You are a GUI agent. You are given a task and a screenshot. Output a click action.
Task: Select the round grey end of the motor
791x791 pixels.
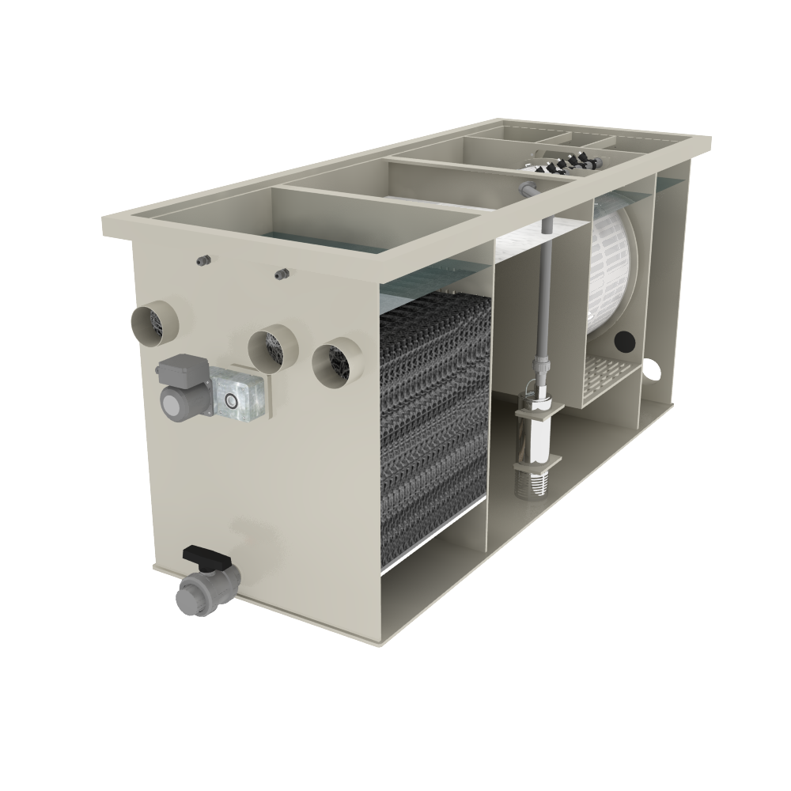(x=173, y=402)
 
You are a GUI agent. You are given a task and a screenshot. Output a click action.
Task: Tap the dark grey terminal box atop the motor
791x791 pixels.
(x=182, y=369)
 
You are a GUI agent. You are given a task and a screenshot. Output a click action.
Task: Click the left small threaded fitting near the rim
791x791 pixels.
(x=203, y=260)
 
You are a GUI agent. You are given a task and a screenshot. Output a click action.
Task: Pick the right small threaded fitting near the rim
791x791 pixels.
(x=280, y=274)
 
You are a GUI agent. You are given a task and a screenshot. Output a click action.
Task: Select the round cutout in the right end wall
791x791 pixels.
(x=652, y=369)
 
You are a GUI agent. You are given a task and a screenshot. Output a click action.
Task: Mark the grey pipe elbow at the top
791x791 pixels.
(x=528, y=189)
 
